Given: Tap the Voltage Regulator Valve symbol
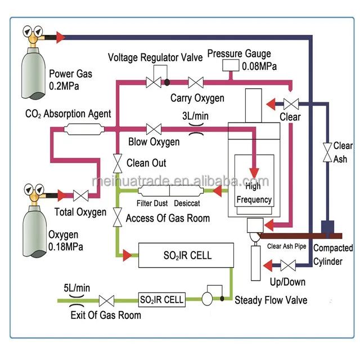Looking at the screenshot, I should [154, 82].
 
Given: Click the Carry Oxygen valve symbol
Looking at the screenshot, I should [196, 83].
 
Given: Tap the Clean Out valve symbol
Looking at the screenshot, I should [116, 164].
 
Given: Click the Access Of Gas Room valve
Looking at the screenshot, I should [116, 215].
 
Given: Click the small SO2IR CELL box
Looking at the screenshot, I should [161, 299].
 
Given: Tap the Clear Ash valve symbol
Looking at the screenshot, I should [327, 153].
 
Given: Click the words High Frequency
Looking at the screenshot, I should [254, 193].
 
